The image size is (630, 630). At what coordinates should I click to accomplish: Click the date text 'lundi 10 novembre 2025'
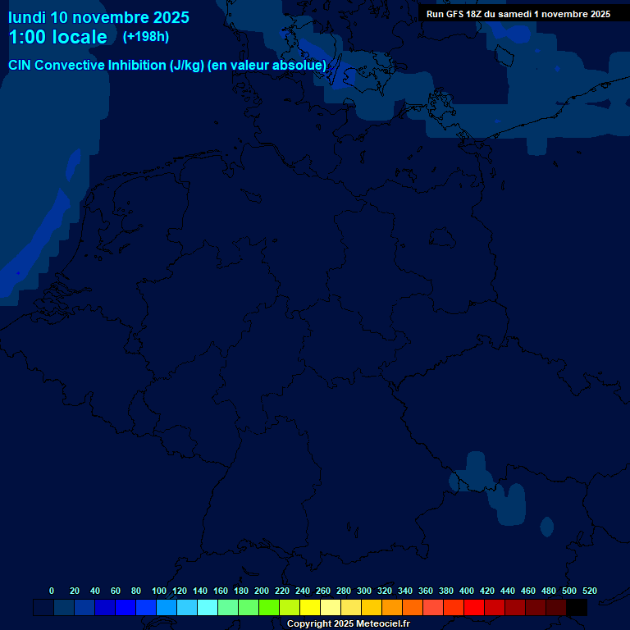[98, 17]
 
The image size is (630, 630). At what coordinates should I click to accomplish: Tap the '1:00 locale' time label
[57, 37]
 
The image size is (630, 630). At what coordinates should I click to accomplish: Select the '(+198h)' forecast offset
[145, 37]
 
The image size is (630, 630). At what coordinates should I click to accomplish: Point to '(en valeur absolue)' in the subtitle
[267, 65]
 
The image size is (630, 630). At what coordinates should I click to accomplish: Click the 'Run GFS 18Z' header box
[518, 14]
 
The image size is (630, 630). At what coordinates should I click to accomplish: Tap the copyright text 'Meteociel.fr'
[382, 624]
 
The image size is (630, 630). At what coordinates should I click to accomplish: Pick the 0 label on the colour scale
[52, 591]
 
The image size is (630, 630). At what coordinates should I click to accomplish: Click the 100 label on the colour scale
[159, 591]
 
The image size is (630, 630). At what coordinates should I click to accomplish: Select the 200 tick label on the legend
[262, 591]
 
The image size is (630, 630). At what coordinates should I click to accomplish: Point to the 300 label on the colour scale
[364, 591]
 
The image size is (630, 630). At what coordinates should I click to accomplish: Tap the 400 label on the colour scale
[467, 591]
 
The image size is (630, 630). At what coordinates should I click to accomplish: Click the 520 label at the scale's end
[589, 591]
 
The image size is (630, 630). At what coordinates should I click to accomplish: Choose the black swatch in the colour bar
[577, 608]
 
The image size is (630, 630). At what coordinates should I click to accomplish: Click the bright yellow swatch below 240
[310, 608]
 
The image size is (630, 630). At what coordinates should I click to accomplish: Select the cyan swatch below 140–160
[208, 608]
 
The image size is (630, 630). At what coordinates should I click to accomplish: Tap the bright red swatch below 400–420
[474, 608]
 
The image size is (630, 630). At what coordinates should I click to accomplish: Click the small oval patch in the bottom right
[547, 527]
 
